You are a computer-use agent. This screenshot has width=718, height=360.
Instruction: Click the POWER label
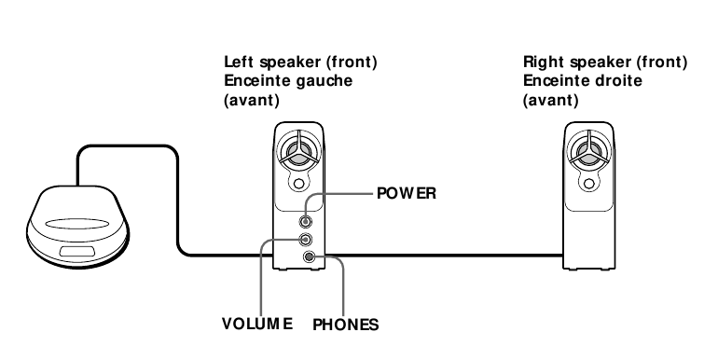(407, 194)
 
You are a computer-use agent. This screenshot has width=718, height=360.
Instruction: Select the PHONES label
(345, 325)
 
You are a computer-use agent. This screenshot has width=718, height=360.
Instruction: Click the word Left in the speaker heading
(239, 62)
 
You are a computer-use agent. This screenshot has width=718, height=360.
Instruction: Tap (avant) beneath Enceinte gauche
(247, 98)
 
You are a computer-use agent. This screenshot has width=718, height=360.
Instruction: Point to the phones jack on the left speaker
(309, 258)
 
